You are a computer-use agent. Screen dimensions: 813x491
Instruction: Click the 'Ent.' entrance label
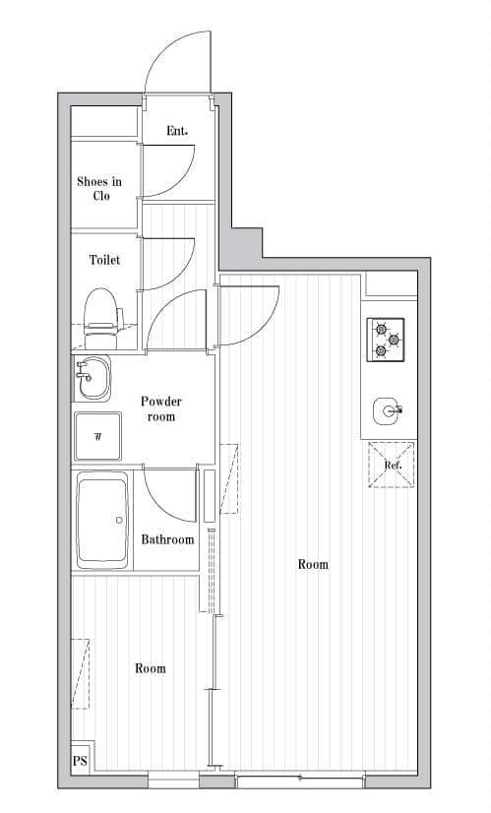pos(177,131)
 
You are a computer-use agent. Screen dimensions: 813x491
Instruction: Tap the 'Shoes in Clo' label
pos(99,188)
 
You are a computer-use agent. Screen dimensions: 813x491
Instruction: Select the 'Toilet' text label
pos(104,260)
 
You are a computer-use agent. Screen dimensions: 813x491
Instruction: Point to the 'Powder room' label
pos(161,408)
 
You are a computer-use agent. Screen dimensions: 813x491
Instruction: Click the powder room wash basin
pos(92,378)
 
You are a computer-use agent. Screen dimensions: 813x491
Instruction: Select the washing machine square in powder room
pos(98,436)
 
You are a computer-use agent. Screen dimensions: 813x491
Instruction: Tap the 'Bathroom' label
pos(167,539)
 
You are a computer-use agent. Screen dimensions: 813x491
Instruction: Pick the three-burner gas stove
pos(387,339)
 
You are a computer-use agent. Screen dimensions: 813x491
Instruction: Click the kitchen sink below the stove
pos(387,410)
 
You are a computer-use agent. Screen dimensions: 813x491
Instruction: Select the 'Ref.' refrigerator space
pos(392,465)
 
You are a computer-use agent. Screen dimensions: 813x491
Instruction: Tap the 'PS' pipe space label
pos(80,761)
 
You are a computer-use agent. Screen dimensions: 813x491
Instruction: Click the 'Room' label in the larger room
pos(313,564)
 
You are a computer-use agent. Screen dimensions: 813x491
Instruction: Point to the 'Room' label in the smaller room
pos(150,668)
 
